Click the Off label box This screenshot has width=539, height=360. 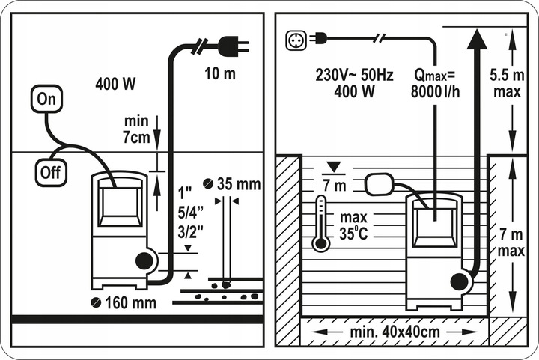pos(50,171)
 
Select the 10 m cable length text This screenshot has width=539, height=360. pos(221,73)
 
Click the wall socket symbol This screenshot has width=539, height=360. pos(293,37)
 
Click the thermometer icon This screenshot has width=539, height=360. pos(321,222)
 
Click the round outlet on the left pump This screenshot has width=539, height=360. pos(144,261)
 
